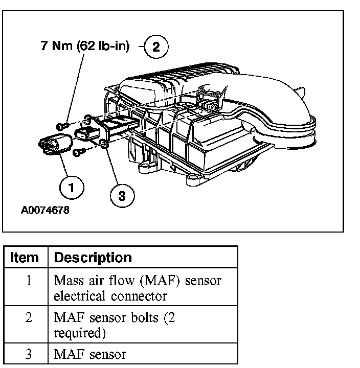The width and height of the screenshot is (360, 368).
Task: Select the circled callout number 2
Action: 156,48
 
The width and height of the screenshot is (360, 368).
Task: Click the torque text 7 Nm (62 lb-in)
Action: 85,47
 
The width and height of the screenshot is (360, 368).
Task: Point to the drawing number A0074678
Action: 46,210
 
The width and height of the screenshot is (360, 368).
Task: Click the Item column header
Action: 25,257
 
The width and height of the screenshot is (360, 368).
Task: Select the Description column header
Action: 93,257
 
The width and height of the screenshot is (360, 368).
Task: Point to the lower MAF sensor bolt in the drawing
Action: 77,152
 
